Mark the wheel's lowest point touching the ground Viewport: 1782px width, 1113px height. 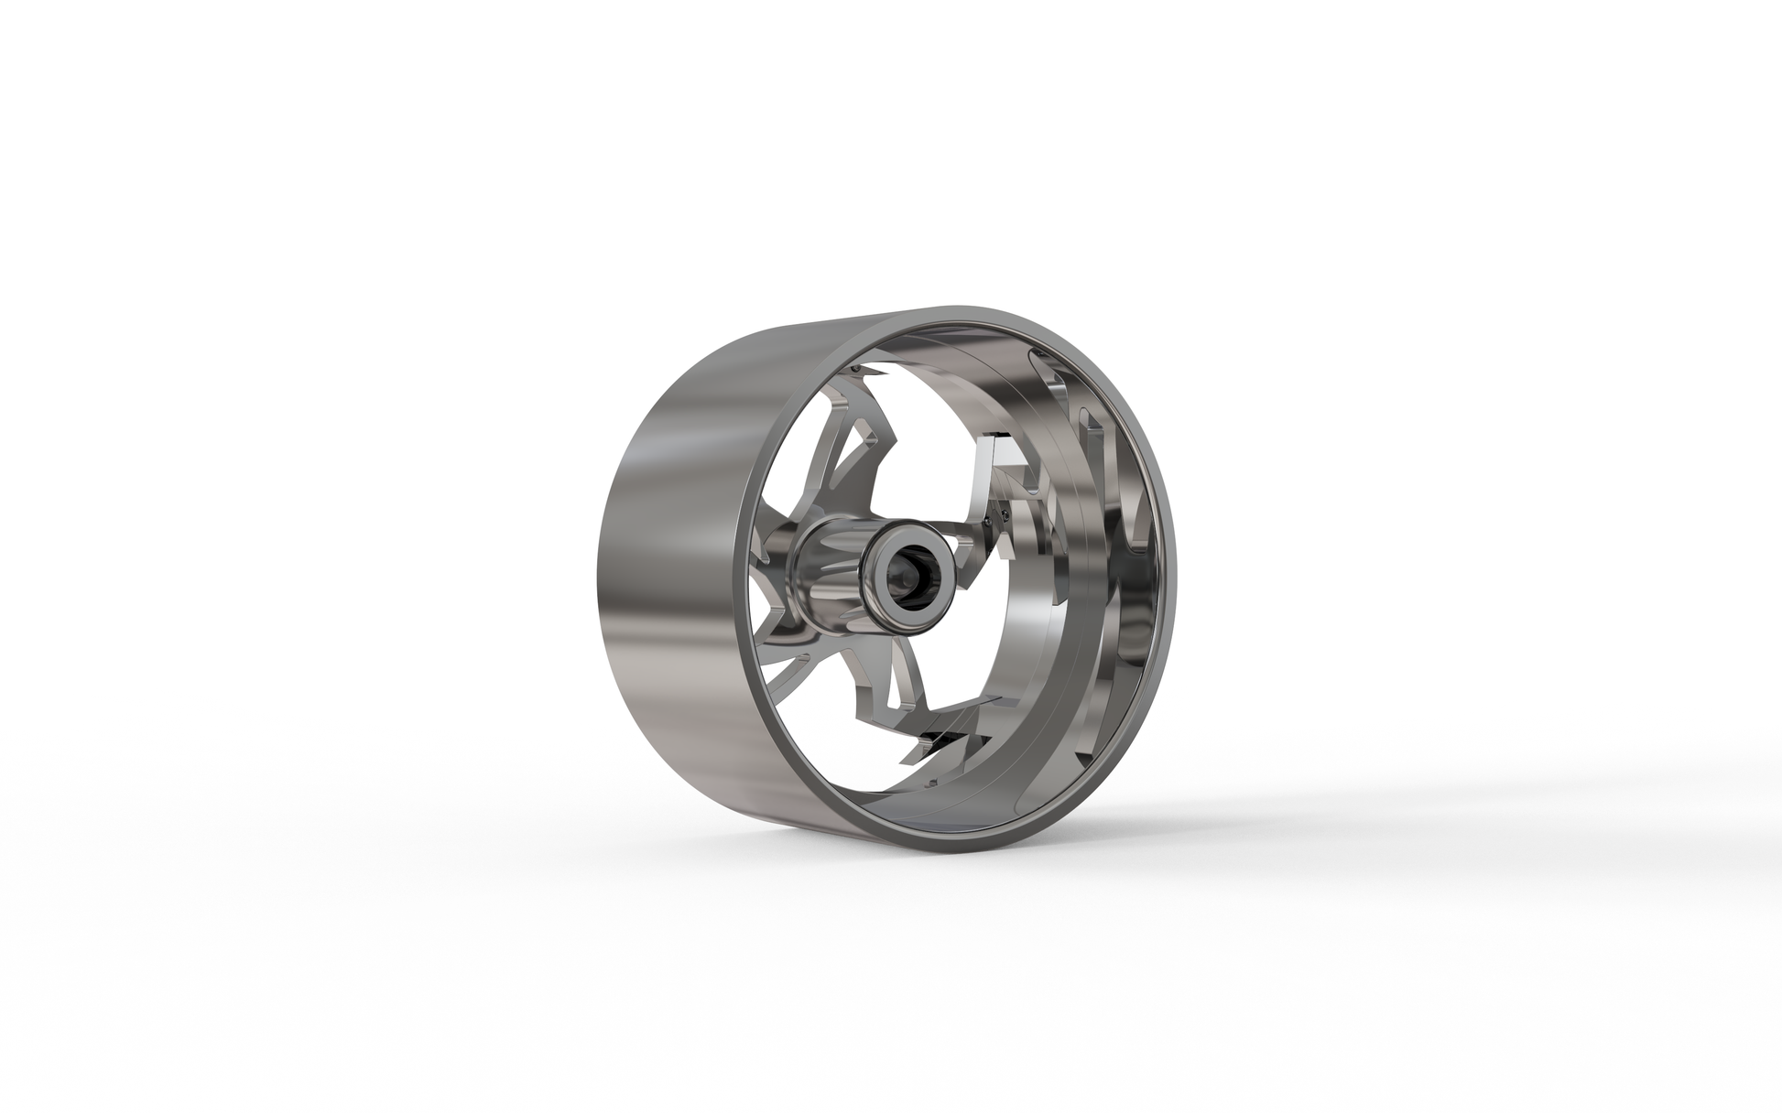[916, 838]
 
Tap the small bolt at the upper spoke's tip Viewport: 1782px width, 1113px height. [855, 368]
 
